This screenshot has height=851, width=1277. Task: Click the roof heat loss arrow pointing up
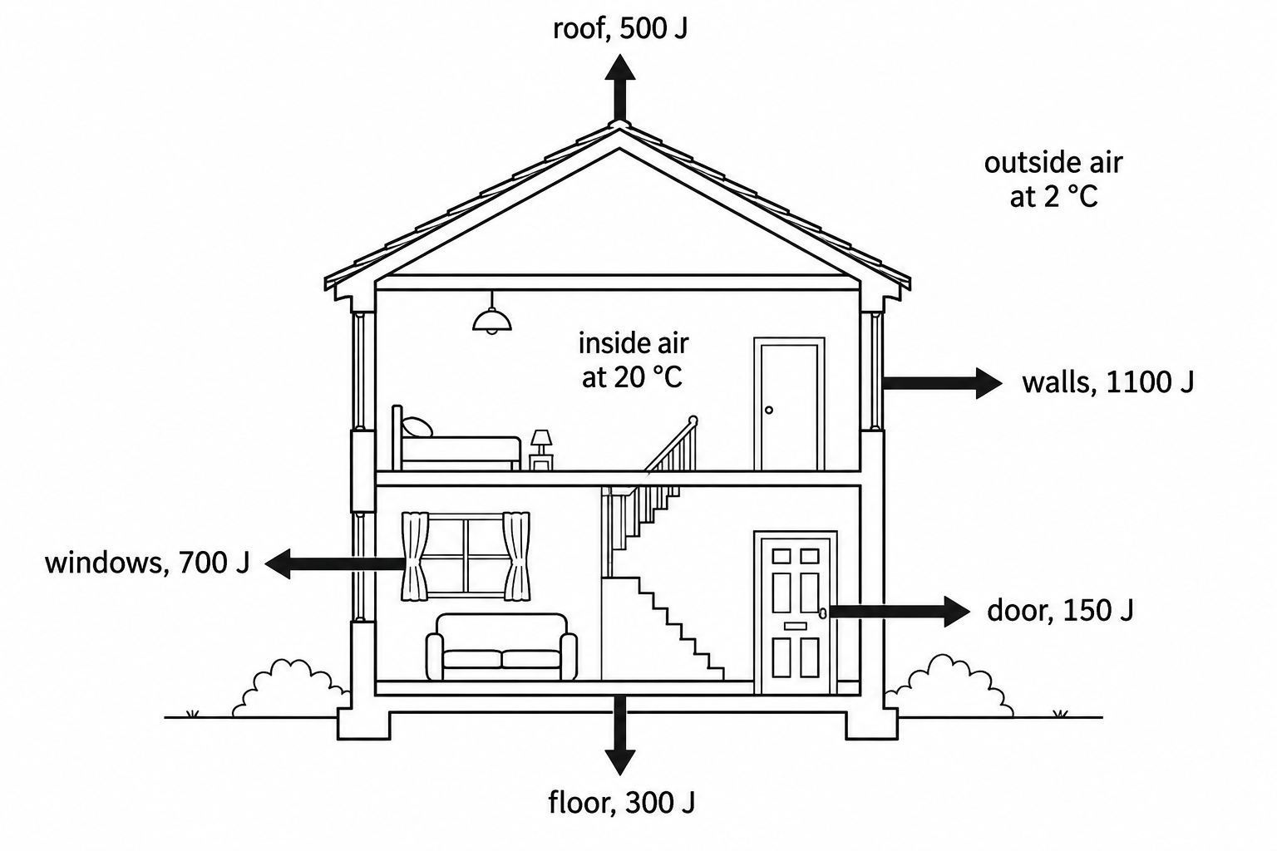coord(619,88)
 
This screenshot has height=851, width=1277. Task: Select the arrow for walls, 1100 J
coord(942,382)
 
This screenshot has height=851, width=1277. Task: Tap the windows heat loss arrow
coord(335,564)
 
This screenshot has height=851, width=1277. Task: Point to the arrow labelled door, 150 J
coord(899,612)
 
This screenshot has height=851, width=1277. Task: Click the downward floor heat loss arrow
coord(619,735)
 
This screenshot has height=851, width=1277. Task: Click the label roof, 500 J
coord(620,28)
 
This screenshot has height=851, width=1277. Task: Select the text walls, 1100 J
coord(1107,382)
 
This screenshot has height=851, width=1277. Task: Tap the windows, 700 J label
coord(148,563)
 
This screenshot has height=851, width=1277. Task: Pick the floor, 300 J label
coord(621,803)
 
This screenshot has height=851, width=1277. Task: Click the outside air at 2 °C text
coord(1053,180)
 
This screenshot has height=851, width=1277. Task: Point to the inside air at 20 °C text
coord(634,360)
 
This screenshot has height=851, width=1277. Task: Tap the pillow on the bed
coord(417,427)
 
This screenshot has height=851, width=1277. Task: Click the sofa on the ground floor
coord(501,647)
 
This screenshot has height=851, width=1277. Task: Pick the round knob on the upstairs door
coord(769,410)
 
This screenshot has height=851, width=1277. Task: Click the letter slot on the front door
coord(796,627)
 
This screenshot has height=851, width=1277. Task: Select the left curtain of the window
coord(415,556)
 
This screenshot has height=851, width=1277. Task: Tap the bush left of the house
coord(291,688)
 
